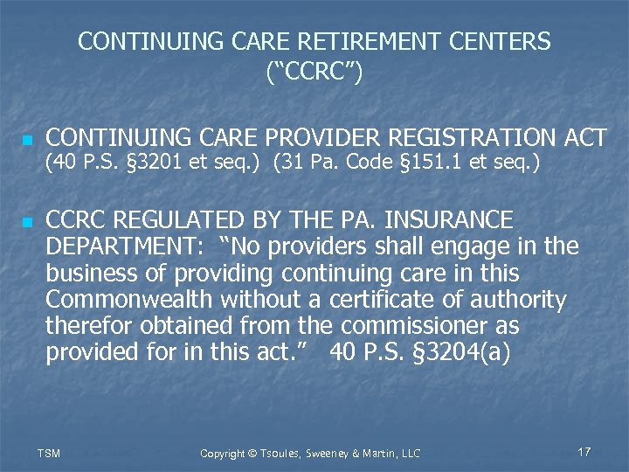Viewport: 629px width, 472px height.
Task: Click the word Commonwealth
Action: coord(129,301)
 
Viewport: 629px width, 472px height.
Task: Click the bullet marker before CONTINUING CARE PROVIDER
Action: coord(27,140)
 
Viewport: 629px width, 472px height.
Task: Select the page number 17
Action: coord(584,452)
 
